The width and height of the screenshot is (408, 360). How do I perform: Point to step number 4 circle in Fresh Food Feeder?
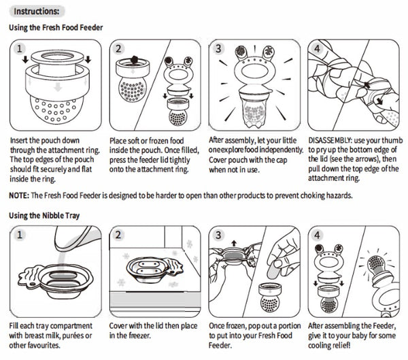pos(317,49)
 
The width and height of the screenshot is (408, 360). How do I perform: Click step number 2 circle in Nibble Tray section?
pos(118,235)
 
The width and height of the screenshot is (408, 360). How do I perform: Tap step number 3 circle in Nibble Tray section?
pos(218,235)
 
